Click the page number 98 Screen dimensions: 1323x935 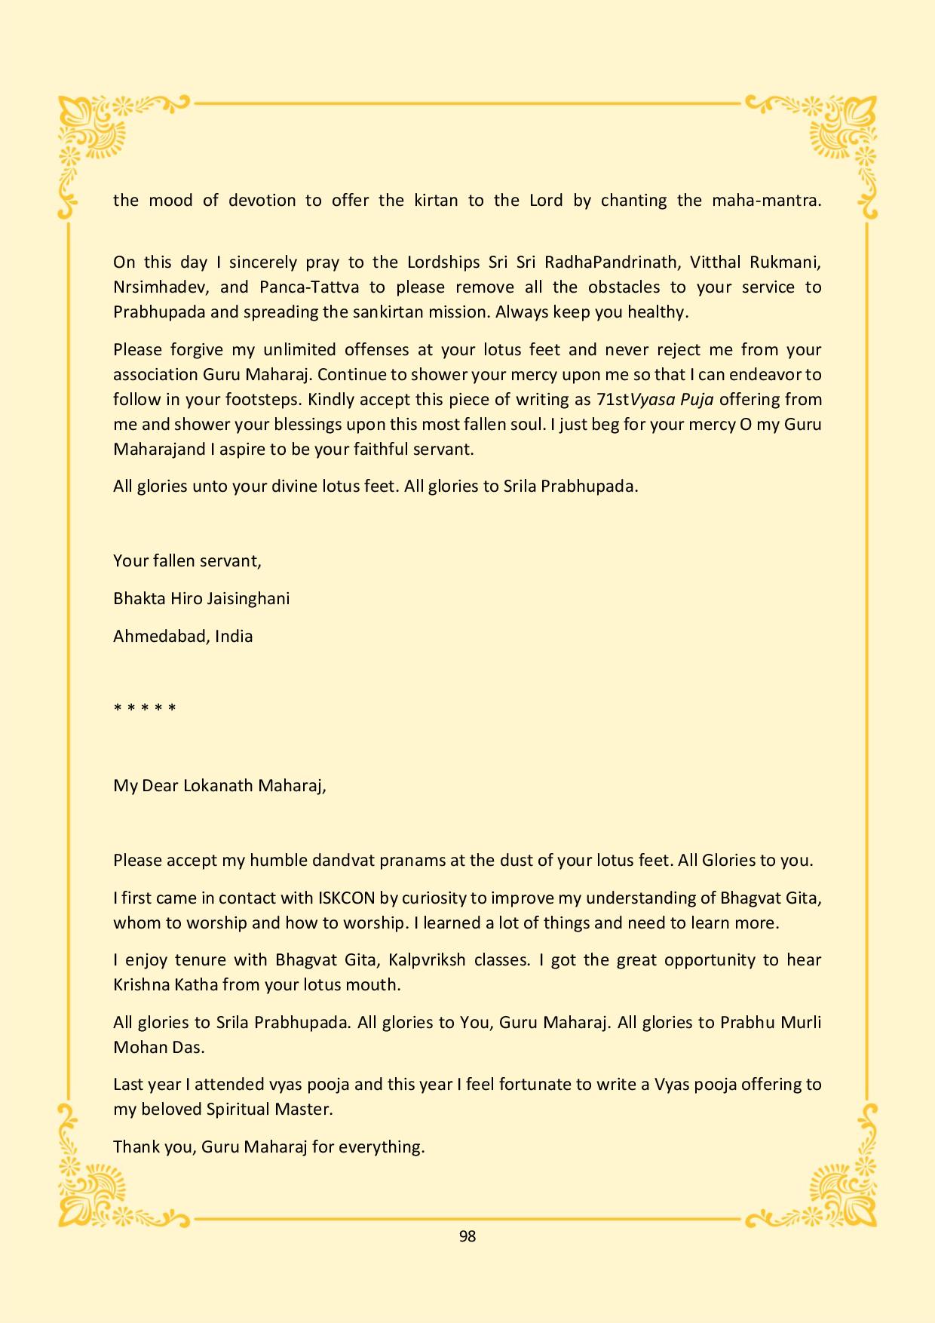(x=467, y=1236)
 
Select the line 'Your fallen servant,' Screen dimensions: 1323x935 (x=187, y=560)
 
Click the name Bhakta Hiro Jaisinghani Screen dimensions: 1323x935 (x=201, y=598)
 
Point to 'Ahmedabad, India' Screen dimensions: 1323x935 (x=183, y=636)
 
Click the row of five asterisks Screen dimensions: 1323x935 (x=145, y=708)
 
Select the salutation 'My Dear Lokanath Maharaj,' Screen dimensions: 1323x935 (x=219, y=785)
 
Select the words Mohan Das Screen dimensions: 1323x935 (x=158, y=1047)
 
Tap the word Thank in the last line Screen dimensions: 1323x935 (x=134, y=1146)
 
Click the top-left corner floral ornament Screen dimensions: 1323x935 (x=94, y=132)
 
